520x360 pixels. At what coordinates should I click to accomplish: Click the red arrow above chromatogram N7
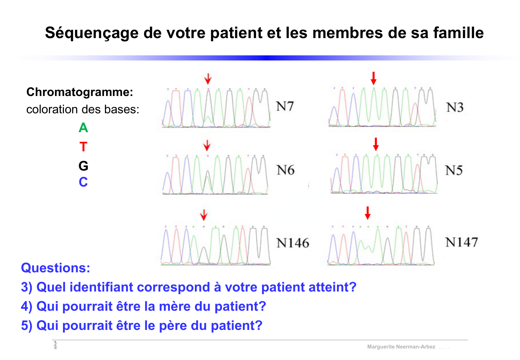click(208, 78)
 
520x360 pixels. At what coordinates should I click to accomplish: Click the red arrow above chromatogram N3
click(373, 78)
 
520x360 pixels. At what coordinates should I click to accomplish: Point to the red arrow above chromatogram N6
click(207, 145)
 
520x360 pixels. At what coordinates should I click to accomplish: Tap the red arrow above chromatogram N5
click(376, 144)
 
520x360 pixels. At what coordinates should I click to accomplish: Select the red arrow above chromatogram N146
click(204, 215)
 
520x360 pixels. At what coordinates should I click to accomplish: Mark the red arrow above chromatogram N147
click(368, 213)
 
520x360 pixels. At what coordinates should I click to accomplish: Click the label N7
click(285, 106)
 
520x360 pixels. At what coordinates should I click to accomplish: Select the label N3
click(455, 108)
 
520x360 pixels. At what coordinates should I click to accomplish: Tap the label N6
click(285, 170)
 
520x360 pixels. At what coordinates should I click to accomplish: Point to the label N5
click(454, 170)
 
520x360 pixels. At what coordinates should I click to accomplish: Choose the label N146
click(292, 243)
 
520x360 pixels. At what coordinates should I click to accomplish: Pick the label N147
click(461, 242)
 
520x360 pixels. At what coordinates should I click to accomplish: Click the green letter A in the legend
click(83, 128)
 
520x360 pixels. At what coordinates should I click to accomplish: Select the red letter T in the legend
click(83, 147)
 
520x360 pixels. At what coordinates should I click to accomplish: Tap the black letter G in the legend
click(83, 166)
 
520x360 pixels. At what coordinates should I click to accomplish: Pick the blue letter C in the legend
click(83, 182)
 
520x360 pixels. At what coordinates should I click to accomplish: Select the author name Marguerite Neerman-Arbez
click(401, 347)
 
